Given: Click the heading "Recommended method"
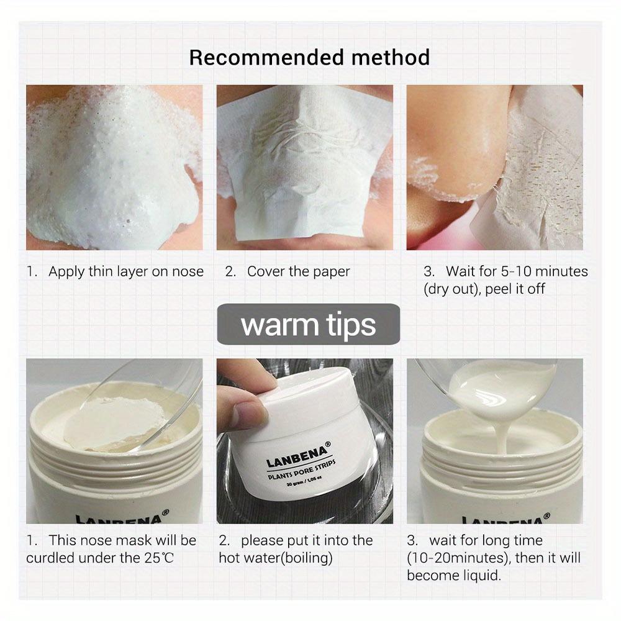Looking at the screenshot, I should [x=309, y=58].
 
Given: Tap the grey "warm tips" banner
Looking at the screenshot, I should [x=309, y=325].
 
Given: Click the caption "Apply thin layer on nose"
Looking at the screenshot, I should [x=126, y=271].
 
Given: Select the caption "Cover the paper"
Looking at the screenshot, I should [x=299, y=271].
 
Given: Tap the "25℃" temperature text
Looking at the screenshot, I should [x=158, y=558].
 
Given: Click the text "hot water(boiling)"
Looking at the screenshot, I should [x=276, y=558].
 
